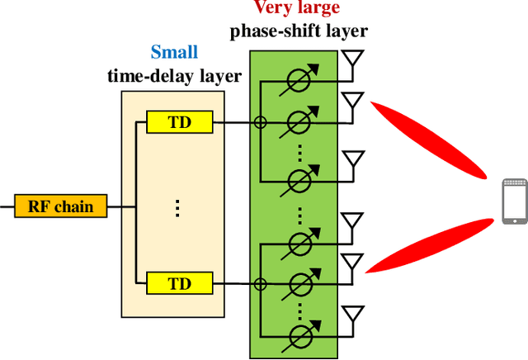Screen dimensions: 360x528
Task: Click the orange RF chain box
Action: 61,206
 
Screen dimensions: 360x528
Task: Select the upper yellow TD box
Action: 178,123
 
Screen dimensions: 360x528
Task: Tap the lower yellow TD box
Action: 178,283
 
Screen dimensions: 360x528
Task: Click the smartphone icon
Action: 513,201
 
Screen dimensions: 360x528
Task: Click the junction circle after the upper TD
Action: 259,123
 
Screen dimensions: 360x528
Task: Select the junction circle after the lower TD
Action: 259,283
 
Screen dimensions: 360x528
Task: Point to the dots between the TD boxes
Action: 178,206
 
